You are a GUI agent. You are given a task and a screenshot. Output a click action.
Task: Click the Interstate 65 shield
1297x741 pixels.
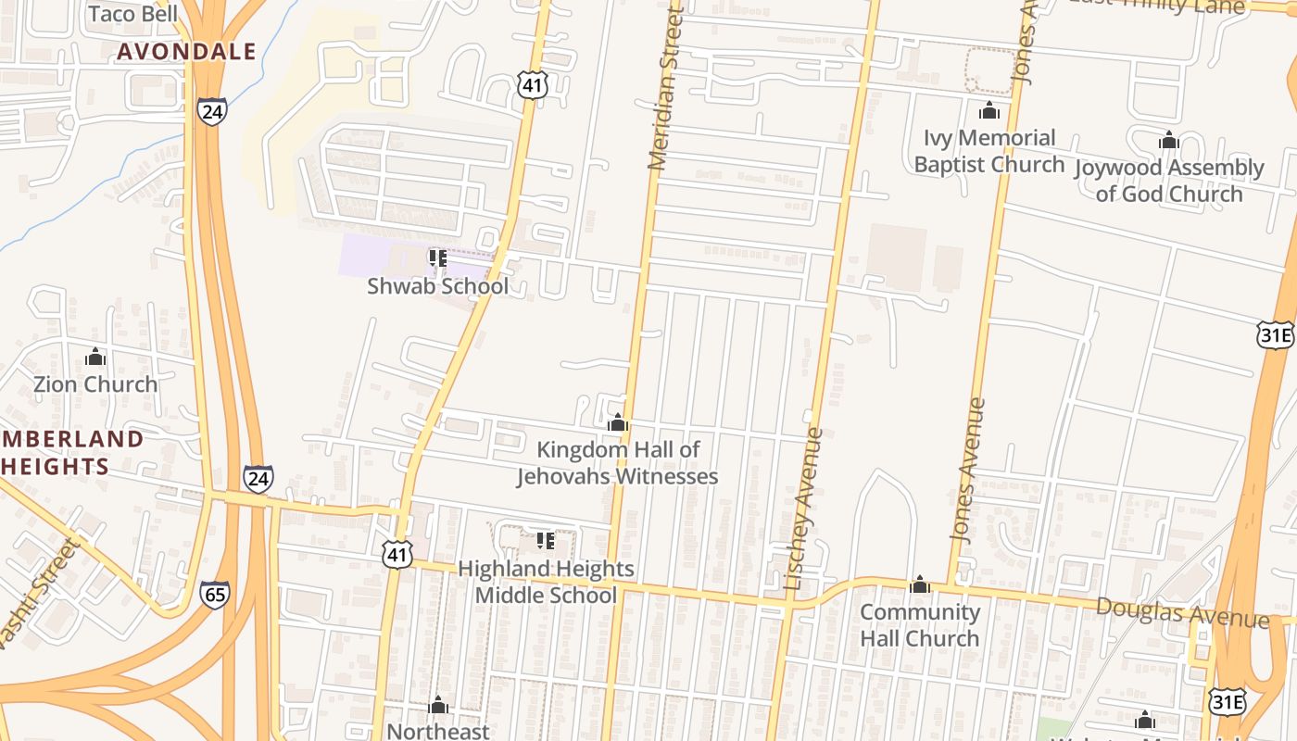pyautogui.click(x=214, y=594)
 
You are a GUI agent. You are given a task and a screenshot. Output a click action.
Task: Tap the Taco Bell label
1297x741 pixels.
pyautogui.click(x=134, y=14)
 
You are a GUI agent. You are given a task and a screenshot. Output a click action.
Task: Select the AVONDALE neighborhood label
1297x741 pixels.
pyautogui.click(x=186, y=52)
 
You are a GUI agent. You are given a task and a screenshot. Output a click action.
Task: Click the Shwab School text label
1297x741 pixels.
pyautogui.click(x=437, y=286)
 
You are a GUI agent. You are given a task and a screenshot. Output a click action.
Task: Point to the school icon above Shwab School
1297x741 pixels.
pyautogui.click(x=437, y=258)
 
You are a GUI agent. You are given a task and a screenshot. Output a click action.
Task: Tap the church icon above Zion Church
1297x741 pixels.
pyautogui.click(x=95, y=357)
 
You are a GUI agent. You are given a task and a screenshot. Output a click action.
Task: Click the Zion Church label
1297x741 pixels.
pyautogui.click(x=95, y=383)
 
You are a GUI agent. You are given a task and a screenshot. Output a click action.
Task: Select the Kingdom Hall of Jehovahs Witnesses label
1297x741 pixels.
pyautogui.click(x=618, y=463)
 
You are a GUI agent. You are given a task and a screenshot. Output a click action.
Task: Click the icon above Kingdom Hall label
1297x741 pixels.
pyautogui.click(x=618, y=423)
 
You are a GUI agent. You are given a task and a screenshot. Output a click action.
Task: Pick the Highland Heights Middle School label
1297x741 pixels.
pyautogui.click(x=546, y=582)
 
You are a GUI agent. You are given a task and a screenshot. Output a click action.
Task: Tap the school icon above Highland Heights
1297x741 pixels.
pyautogui.click(x=546, y=540)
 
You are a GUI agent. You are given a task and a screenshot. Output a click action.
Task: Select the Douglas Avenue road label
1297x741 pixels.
pyautogui.click(x=1182, y=613)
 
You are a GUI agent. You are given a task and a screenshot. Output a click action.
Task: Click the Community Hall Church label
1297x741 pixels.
pyautogui.click(x=919, y=625)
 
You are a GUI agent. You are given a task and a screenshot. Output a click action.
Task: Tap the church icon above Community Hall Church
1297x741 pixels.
pyautogui.click(x=920, y=584)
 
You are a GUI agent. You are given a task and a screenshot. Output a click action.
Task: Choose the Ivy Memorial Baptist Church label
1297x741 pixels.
pyautogui.click(x=989, y=151)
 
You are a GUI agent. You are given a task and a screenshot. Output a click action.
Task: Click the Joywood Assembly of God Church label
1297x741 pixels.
pyautogui.click(x=1169, y=181)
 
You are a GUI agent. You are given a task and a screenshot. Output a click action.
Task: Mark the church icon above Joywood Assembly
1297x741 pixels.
pyautogui.click(x=1169, y=141)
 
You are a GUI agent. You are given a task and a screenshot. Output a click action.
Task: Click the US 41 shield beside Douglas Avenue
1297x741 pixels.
pyautogui.click(x=397, y=555)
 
